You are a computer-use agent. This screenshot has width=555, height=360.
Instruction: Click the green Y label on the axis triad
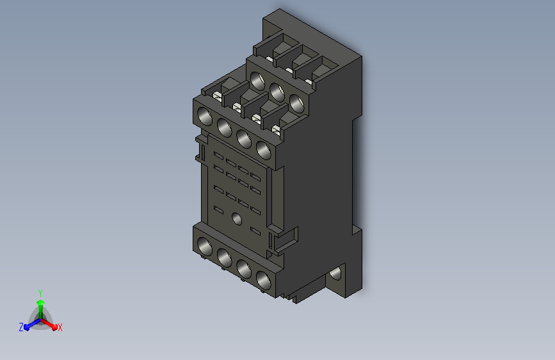point(40,293)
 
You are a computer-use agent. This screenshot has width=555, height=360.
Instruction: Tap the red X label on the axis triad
point(60,327)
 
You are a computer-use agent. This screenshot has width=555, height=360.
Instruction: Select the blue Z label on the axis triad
point(21,327)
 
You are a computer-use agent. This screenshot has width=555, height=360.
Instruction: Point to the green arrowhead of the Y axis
point(40,302)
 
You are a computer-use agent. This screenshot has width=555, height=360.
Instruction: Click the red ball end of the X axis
point(54,327)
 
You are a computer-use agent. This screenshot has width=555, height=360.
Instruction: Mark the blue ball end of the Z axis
point(27,327)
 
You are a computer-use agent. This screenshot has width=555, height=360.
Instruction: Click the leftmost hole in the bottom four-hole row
point(205,246)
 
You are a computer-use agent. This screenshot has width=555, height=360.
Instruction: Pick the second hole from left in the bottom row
point(225,258)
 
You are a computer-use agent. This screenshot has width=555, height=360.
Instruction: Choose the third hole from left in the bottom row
point(244,268)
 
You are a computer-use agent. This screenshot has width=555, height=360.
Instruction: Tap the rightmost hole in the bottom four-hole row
point(264,280)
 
